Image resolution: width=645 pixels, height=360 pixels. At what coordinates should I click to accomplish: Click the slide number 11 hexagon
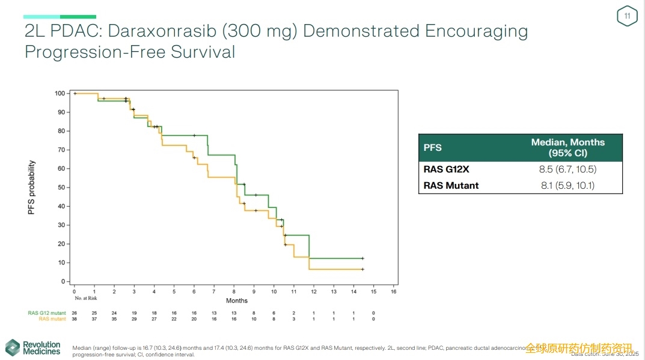click(627, 16)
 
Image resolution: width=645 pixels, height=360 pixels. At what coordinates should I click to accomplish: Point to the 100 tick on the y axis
click(60, 93)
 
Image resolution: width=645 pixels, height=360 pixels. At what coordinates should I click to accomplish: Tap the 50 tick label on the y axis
click(61, 188)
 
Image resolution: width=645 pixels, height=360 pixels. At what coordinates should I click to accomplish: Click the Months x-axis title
click(237, 301)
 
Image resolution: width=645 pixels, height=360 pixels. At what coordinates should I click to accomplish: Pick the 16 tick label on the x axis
click(394, 291)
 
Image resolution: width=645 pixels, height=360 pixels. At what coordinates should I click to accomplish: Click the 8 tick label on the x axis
click(234, 291)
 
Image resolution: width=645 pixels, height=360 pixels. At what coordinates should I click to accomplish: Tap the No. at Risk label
click(86, 298)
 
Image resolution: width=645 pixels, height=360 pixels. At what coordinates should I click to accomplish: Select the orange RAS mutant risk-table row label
click(52, 319)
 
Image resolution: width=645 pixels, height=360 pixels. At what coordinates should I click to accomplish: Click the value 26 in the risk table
click(75, 313)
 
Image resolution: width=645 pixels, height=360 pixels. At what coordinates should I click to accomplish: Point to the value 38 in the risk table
click(75, 319)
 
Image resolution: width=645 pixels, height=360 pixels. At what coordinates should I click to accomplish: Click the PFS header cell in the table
click(433, 147)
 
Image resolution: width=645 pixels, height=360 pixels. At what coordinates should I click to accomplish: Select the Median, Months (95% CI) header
click(567, 147)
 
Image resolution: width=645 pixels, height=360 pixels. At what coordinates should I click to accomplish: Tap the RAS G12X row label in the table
click(447, 169)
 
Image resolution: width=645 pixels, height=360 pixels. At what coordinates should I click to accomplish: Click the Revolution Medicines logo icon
click(13, 347)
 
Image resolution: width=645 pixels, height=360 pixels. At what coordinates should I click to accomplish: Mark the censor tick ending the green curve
click(362, 258)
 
